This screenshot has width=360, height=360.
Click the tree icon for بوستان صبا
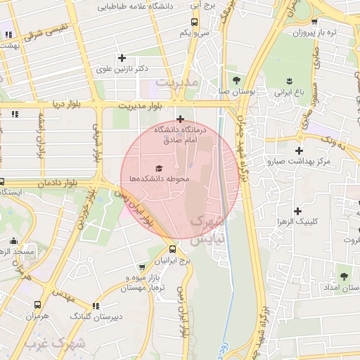236,79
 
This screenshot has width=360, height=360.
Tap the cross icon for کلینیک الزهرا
298,210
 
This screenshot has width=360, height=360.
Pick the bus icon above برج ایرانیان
173,249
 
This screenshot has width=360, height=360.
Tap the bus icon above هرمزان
37,305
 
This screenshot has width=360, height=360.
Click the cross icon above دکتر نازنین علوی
122,58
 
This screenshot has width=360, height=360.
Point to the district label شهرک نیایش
209,230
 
